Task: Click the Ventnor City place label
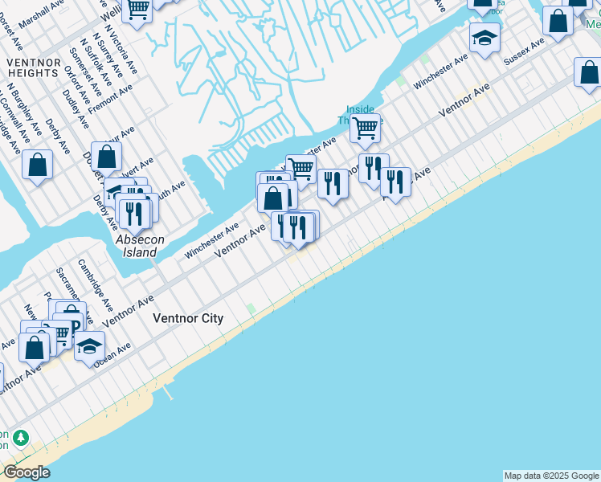(x=188, y=319)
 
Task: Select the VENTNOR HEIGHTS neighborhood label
(x=32, y=67)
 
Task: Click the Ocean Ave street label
(x=112, y=353)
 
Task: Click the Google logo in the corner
(x=27, y=472)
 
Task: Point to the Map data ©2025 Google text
(x=551, y=476)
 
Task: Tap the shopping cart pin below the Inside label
(x=365, y=127)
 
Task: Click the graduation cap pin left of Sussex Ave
(x=484, y=37)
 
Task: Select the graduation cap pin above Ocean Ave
(x=89, y=346)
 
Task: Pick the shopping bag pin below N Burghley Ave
(x=37, y=165)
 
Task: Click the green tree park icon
(x=20, y=439)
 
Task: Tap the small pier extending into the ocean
(x=168, y=393)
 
